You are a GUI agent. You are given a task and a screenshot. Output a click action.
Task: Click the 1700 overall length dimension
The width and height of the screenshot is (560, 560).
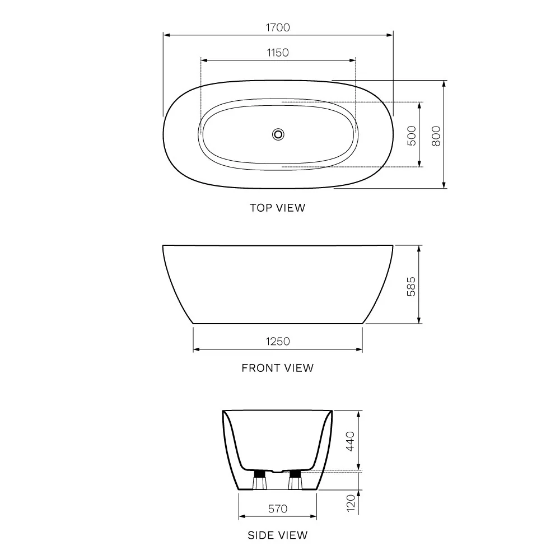(x=278, y=27)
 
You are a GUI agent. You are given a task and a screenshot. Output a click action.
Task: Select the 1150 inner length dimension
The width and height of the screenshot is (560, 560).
(x=278, y=53)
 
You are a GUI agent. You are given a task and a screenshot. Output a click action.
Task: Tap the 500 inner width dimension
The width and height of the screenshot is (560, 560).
(x=412, y=136)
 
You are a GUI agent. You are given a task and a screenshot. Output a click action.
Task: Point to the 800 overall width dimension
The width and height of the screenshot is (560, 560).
(x=437, y=136)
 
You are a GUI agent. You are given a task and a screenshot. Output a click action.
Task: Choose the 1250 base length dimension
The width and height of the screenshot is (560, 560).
(x=278, y=341)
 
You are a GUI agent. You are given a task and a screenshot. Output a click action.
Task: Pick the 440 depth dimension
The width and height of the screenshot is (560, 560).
(x=351, y=441)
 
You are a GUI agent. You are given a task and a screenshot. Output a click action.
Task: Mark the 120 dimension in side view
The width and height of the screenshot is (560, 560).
(x=351, y=503)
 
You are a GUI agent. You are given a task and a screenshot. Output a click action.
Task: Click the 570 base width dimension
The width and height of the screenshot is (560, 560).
(x=278, y=508)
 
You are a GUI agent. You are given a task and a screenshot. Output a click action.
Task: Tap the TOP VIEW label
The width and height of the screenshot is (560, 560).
(x=278, y=208)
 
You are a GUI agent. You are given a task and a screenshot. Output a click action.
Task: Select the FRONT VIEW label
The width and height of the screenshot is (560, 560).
(x=278, y=368)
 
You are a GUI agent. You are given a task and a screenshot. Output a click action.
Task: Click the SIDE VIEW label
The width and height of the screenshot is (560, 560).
(x=278, y=535)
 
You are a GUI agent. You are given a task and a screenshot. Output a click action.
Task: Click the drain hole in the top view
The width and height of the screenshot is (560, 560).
(x=278, y=134)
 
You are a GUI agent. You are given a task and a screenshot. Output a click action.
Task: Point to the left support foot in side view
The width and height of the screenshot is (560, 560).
(x=259, y=480)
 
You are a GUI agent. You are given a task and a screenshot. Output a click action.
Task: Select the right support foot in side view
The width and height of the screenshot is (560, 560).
(x=295, y=480)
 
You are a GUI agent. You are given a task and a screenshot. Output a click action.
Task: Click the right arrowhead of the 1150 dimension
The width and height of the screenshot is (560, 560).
(x=353, y=60)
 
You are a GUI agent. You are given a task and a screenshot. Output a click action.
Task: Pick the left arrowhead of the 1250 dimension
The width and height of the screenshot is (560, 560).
(x=196, y=349)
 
